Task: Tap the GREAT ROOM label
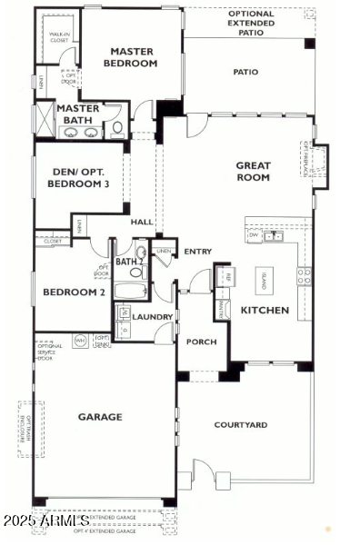coord(254,172)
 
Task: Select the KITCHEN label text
coord(265,311)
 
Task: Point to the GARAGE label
coord(100,417)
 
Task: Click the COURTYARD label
coord(241,425)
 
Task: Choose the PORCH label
coord(201,342)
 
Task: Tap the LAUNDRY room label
coord(153,317)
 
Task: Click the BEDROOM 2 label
coord(72,292)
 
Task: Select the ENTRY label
coord(198,252)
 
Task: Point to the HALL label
coord(142,222)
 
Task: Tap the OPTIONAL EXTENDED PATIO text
coord(251,23)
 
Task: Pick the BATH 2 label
coord(129,262)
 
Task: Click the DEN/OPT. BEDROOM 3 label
coord(83,178)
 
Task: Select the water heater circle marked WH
coord(80,341)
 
